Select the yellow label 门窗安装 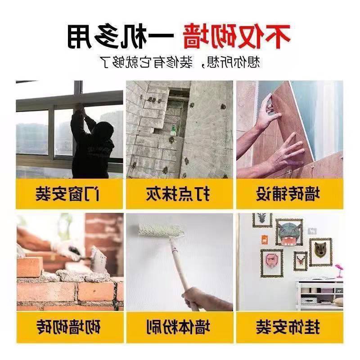click(x=70, y=194)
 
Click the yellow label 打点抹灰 click(x=180, y=194)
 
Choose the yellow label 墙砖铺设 click(x=289, y=194)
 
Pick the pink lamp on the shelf click(x=339, y=270)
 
